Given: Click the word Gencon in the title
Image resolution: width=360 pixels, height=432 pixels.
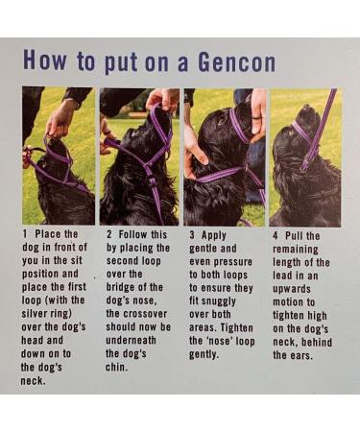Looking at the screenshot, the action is point(236,61).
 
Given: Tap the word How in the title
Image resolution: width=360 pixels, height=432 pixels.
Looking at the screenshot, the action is point(44,60).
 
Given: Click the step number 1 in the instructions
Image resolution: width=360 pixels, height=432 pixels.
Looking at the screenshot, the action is point(25,234).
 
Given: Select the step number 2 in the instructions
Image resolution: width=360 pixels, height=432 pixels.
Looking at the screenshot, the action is point(109,234).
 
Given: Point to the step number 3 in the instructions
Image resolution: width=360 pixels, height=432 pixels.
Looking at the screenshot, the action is point(192,235).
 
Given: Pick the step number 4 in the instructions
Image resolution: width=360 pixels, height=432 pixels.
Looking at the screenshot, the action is point(276,236).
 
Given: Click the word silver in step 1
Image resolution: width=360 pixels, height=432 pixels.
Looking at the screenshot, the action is point(34,313).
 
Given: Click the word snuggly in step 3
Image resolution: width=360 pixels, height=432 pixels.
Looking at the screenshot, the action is point(220,301).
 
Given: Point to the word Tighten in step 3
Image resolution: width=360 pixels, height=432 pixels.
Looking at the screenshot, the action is point(237,327).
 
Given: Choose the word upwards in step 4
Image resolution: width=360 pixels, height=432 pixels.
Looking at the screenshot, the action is point(292,289).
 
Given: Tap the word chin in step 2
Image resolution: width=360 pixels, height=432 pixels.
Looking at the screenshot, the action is point(116,367).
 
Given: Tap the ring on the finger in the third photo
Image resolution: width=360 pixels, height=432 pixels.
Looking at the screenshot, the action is point(256,117).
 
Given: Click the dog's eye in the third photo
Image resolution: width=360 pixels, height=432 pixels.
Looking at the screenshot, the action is point(222,122).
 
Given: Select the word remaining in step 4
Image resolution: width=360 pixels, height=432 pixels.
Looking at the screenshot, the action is point(296,250).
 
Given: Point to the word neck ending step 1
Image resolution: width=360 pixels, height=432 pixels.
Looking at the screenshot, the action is point(34,381).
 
